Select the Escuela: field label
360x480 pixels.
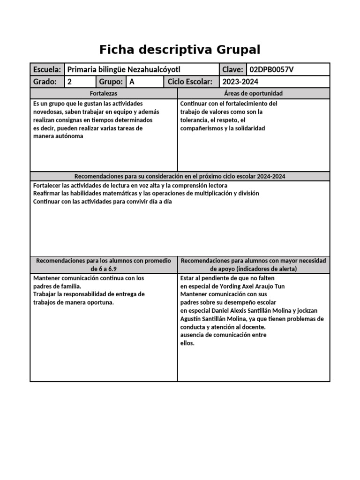[47, 69]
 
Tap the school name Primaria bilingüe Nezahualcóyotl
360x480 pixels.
[124, 69]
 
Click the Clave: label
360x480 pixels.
[232, 69]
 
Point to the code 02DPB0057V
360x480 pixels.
[271, 69]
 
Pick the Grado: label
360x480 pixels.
[45, 82]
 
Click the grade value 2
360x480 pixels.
[70, 82]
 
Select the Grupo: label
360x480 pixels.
[111, 82]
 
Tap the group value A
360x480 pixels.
[132, 82]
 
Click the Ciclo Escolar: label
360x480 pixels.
[190, 82]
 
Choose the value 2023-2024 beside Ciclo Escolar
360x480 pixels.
[240, 82]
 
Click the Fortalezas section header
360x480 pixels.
[104, 94]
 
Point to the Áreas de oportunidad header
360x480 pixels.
[254, 94]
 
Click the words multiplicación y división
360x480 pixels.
[222, 193]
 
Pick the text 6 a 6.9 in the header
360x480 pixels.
[104, 269]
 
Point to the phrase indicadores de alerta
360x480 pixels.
[263, 269]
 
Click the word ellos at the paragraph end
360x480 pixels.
[187, 343]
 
